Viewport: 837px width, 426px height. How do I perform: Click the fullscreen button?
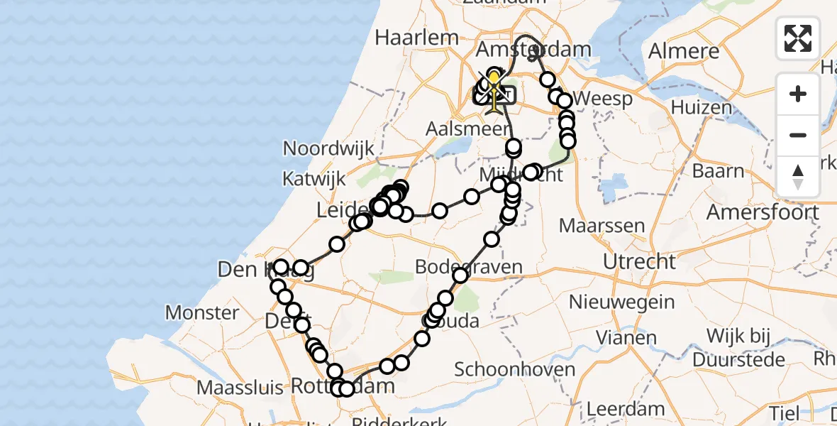(x=798, y=38)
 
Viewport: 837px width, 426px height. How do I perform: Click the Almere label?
(x=684, y=51)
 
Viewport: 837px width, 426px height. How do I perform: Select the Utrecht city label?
(x=639, y=261)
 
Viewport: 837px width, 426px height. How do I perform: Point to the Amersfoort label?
(x=763, y=212)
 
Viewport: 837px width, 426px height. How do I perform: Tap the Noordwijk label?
(x=328, y=148)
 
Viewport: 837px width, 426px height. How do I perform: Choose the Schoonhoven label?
(x=514, y=369)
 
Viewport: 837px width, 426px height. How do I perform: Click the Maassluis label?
(x=240, y=388)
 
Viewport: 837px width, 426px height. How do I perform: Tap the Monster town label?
(x=201, y=312)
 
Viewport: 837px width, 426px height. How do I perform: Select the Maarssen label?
(x=602, y=226)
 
